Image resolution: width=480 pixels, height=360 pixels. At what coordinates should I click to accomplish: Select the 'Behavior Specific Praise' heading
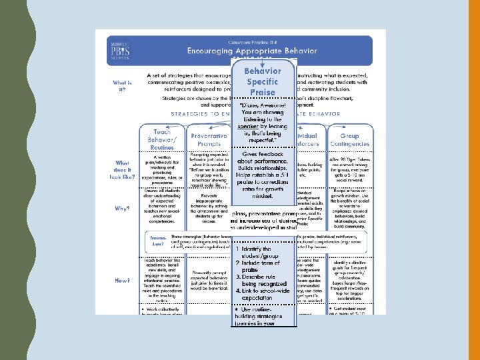point(262,81)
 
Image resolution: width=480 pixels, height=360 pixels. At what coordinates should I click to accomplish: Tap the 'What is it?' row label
point(121,87)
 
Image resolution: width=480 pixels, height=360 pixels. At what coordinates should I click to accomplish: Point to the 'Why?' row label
point(122,208)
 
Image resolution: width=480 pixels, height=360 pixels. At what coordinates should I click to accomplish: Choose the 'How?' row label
point(122,281)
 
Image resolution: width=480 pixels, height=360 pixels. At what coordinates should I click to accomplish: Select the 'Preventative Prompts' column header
point(208,139)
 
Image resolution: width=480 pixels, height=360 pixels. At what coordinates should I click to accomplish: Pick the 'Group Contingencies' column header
point(349,139)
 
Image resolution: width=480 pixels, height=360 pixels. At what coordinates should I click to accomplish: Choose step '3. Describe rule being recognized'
point(262,281)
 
